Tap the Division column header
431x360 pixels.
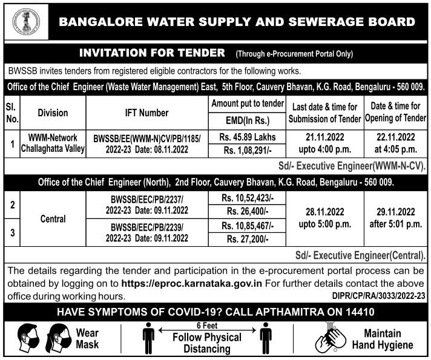pyautogui.click(x=53, y=113)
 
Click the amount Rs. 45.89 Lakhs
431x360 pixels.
pyautogui.click(x=246, y=137)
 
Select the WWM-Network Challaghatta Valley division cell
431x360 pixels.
pyautogui.click(x=53, y=144)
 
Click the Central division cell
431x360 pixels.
pyautogui.click(x=53, y=220)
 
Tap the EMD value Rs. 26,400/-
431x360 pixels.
pyautogui.click(x=246, y=212)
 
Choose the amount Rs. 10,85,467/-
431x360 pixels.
pyautogui.click(x=246, y=226)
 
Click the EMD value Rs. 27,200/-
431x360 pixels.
pyautogui.click(x=246, y=239)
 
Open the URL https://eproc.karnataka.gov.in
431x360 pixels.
pyautogui.click(x=191, y=284)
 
